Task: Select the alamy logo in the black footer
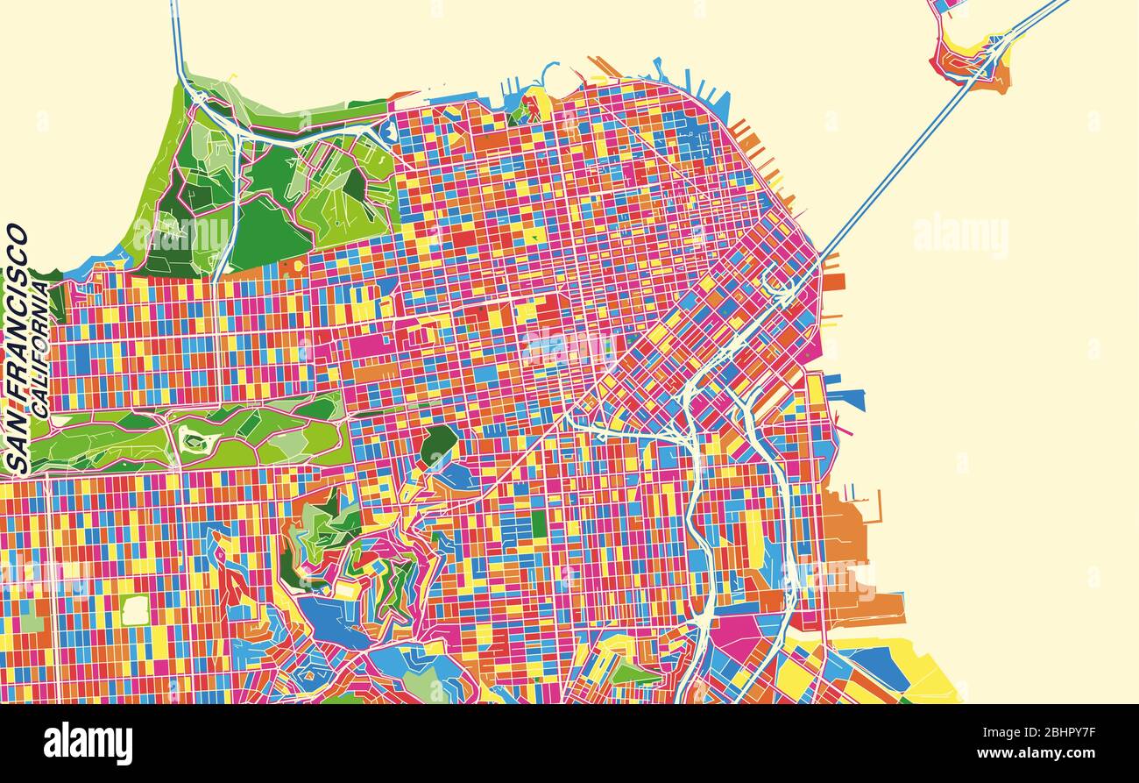[88, 743]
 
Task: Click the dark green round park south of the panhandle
[438, 444]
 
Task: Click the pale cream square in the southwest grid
[135, 609]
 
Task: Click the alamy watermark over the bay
[960, 235]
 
